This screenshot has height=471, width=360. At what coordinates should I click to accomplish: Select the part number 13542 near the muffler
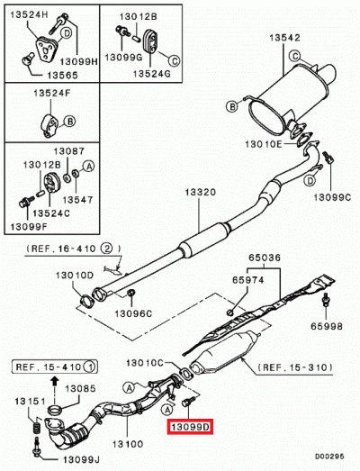[x=281, y=37]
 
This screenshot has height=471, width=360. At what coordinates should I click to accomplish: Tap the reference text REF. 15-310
[x=294, y=367]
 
